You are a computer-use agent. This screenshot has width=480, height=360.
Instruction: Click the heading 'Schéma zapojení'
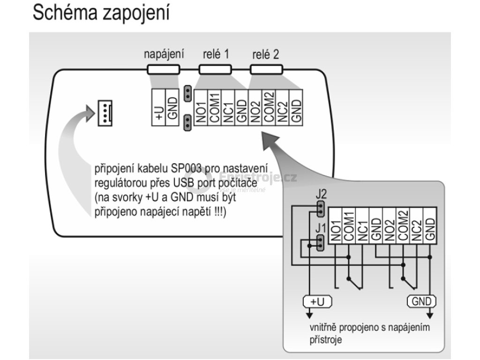coord(100,14)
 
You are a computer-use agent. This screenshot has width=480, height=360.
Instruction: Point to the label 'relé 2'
coord(265,54)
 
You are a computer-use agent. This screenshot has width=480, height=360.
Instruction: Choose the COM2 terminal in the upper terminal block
coord(268,107)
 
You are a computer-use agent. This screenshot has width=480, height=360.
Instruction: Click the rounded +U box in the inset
coord(317,301)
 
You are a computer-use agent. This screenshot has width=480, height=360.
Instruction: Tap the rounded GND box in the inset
coord(421,301)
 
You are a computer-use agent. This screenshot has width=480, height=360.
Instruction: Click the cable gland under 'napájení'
coord(163,70)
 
